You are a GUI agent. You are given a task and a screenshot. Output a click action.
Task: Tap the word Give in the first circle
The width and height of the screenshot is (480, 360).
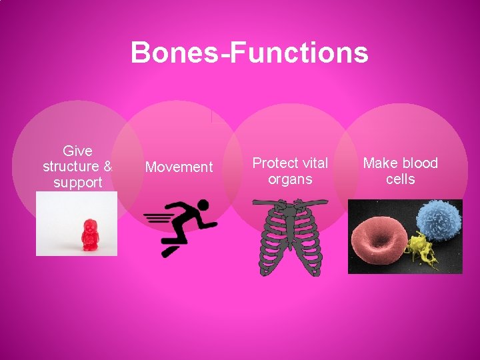tap(77, 151)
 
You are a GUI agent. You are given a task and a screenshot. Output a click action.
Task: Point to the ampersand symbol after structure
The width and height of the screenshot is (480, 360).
tap(109, 167)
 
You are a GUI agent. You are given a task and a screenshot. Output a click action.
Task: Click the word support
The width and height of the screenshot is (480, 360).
tap(77, 183)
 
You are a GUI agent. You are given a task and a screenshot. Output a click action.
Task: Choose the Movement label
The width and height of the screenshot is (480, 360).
tap(179, 167)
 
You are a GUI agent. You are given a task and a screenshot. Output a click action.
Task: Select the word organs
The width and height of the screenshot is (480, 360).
tap(290, 179)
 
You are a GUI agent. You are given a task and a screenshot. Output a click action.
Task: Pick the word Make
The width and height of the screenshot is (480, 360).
tap(380, 163)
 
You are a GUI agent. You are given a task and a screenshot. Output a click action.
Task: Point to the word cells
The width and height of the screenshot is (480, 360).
tap(400, 179)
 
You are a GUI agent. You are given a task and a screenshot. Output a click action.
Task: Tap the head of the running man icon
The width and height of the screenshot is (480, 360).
tap(203, 205)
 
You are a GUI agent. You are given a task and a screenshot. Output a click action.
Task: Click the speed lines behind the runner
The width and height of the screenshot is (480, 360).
tap(157, 217)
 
